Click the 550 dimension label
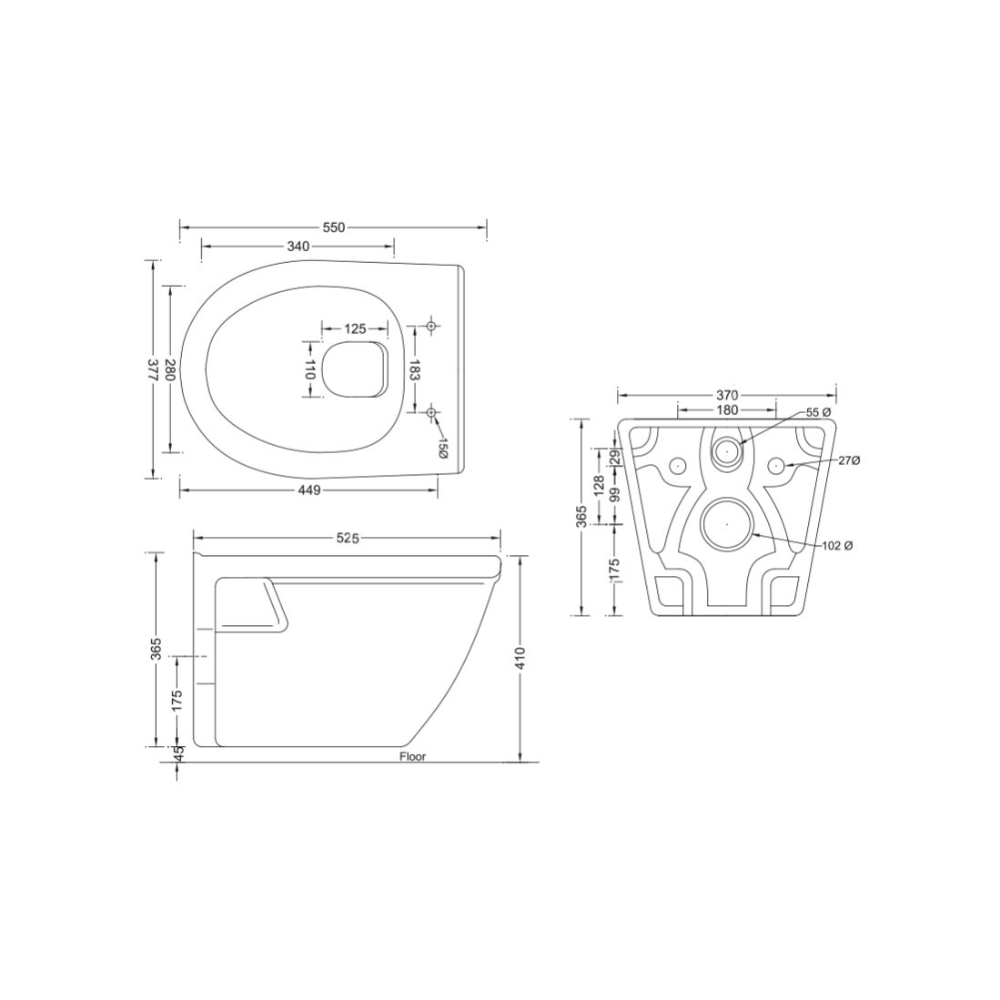point(333,227)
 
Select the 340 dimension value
point(298,247)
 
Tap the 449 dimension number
point(308,490)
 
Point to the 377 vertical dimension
point(153,369)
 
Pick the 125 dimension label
point(355,329)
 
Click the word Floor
point(412,757)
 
